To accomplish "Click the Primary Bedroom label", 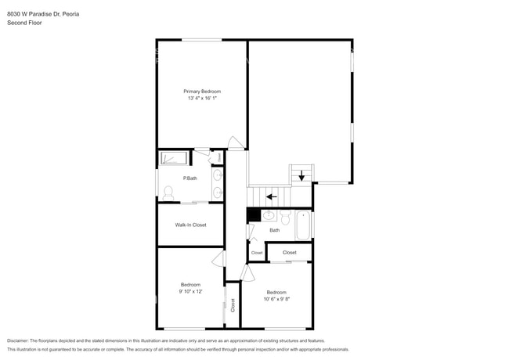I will [x=202, y=92].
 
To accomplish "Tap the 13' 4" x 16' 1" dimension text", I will [x=202, y=99].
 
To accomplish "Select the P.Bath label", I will [x=190, y=178].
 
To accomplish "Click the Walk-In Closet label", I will [x=191, y=225].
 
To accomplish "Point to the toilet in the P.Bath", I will [x=168, y=191].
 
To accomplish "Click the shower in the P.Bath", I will [x=174, y=158].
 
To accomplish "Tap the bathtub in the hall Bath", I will [x=303, y=225].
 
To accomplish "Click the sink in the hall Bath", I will [x=268, y=215].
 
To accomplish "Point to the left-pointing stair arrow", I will [x=272, y=196].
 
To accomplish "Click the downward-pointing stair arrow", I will [x=301, y=176].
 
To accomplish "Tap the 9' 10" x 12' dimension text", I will [x=190, y=291].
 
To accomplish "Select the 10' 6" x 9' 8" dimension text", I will [x=276, y=299].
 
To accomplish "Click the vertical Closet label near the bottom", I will [x=233, y=305].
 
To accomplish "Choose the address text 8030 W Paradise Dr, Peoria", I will [x=38, y=14].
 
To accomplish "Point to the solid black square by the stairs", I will [x=253, y=214].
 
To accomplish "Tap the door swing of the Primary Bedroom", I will [x=234, y=142].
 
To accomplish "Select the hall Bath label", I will [x=275, y=230].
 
